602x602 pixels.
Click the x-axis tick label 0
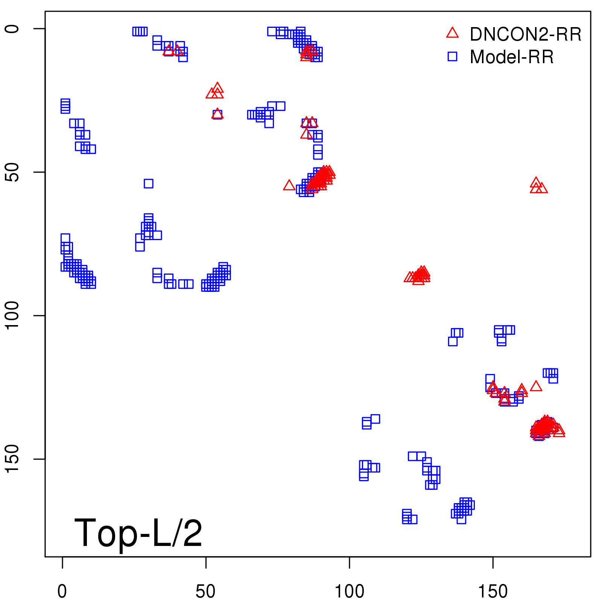coord(62,591)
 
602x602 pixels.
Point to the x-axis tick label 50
coord(205,591)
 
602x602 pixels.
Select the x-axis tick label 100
coord(349,591)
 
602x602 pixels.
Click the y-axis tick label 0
coord(12,29)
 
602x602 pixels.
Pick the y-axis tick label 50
coord(12,172)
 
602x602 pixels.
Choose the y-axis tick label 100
coord(12,316)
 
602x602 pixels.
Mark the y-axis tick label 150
coord(12,459)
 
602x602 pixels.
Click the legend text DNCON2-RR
coord(525,35)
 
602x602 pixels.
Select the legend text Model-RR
coord(512,57)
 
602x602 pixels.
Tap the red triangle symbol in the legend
coord(452,33)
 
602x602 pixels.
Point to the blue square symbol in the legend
coord(452,56)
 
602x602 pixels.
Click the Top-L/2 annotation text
coord(138,533)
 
